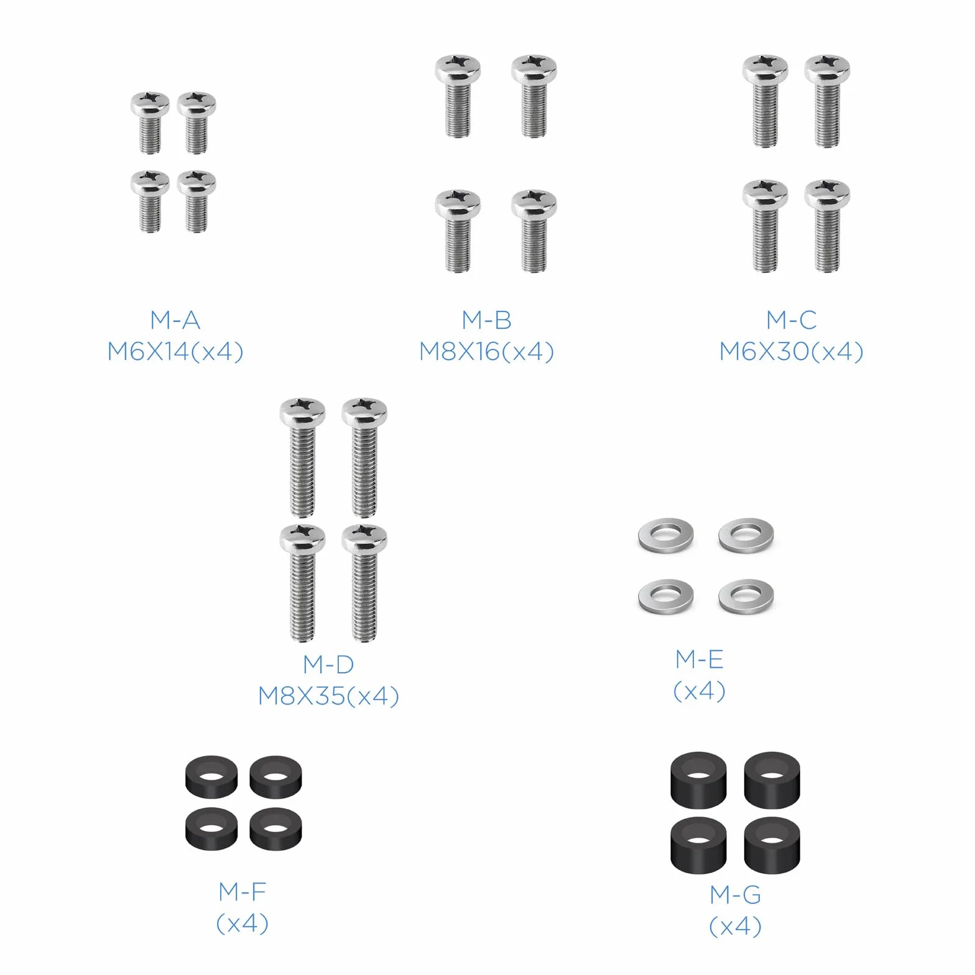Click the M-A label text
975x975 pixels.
click(175, 320)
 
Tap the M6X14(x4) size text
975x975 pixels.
click(175, 352)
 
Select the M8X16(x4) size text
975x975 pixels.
click(487, 352)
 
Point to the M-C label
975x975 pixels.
click(792, 320)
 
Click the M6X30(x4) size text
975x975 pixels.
click(792, 352)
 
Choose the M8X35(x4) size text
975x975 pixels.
click(329, 696)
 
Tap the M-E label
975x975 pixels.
click(700, 659)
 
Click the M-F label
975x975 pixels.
click(243, 892)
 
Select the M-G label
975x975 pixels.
click(736, 895)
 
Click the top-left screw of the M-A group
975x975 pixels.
click(150, 122)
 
